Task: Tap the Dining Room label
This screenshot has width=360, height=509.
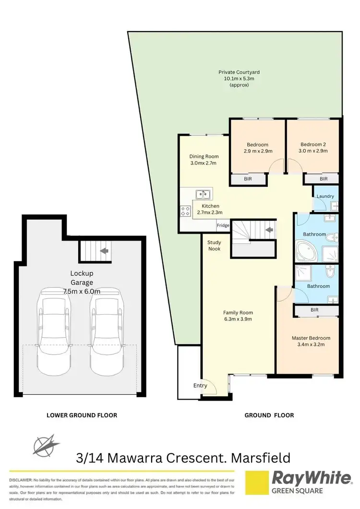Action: click(204, 159)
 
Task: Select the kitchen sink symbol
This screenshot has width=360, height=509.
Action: click(203, 194)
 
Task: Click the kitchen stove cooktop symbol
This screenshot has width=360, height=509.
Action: click(185, 211)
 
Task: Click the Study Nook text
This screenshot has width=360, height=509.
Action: click(214, 246)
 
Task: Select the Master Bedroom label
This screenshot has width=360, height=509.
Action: click(311, 338)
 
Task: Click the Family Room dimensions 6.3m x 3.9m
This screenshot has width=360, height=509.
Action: click(238, 319)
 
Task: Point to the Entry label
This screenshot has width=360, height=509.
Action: click(200, 385)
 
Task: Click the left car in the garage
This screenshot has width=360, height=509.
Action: click(54, 331)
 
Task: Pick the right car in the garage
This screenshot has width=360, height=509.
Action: click(106, 331)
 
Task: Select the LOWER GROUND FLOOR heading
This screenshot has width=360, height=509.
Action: click(82, 415)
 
